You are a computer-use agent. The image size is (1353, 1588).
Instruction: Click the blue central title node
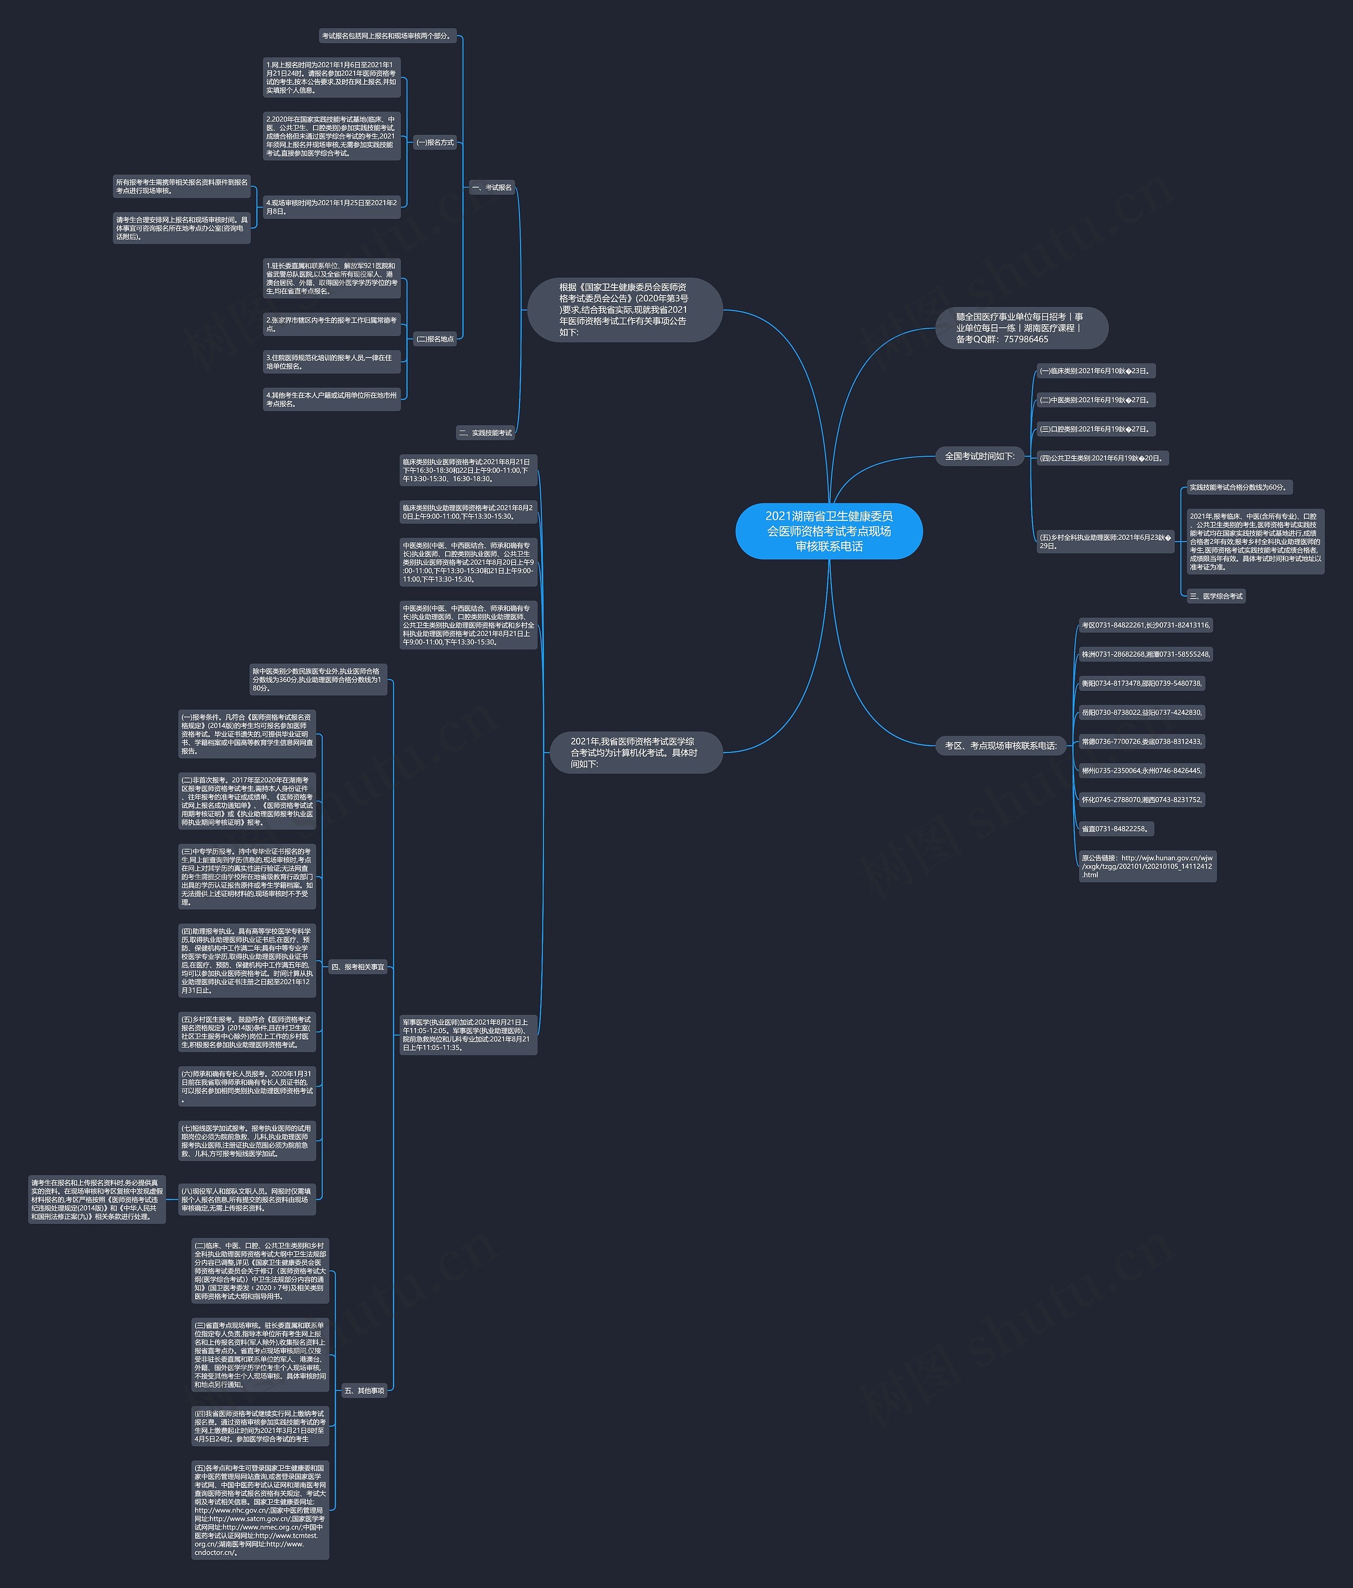click(828, 530)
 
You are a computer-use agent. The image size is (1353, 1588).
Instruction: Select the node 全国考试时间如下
click(979, 456)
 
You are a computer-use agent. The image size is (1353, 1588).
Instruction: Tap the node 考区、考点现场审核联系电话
click(1000, 745)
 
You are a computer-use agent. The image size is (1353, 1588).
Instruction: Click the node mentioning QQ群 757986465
click(1021, 327)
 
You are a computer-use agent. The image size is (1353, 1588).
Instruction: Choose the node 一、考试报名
click(491, 187)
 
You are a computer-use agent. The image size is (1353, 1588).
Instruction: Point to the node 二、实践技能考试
click(485, 432)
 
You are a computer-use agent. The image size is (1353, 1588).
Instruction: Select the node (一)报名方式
click(434, 142)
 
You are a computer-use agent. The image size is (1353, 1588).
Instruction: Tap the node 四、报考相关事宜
click(357, 967)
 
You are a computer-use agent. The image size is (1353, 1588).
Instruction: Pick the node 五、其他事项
click(364, 1390)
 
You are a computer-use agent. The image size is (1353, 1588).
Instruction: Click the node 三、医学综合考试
click(1216, 595)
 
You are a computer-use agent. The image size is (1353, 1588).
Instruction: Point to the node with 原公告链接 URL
click(1147, 866)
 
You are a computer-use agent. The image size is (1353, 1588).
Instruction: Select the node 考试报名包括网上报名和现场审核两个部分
click(387, 36)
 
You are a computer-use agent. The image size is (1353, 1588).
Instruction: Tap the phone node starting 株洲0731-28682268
click(1145, 654)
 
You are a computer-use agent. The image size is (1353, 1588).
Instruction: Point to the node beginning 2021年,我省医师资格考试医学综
click(635, 752)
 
